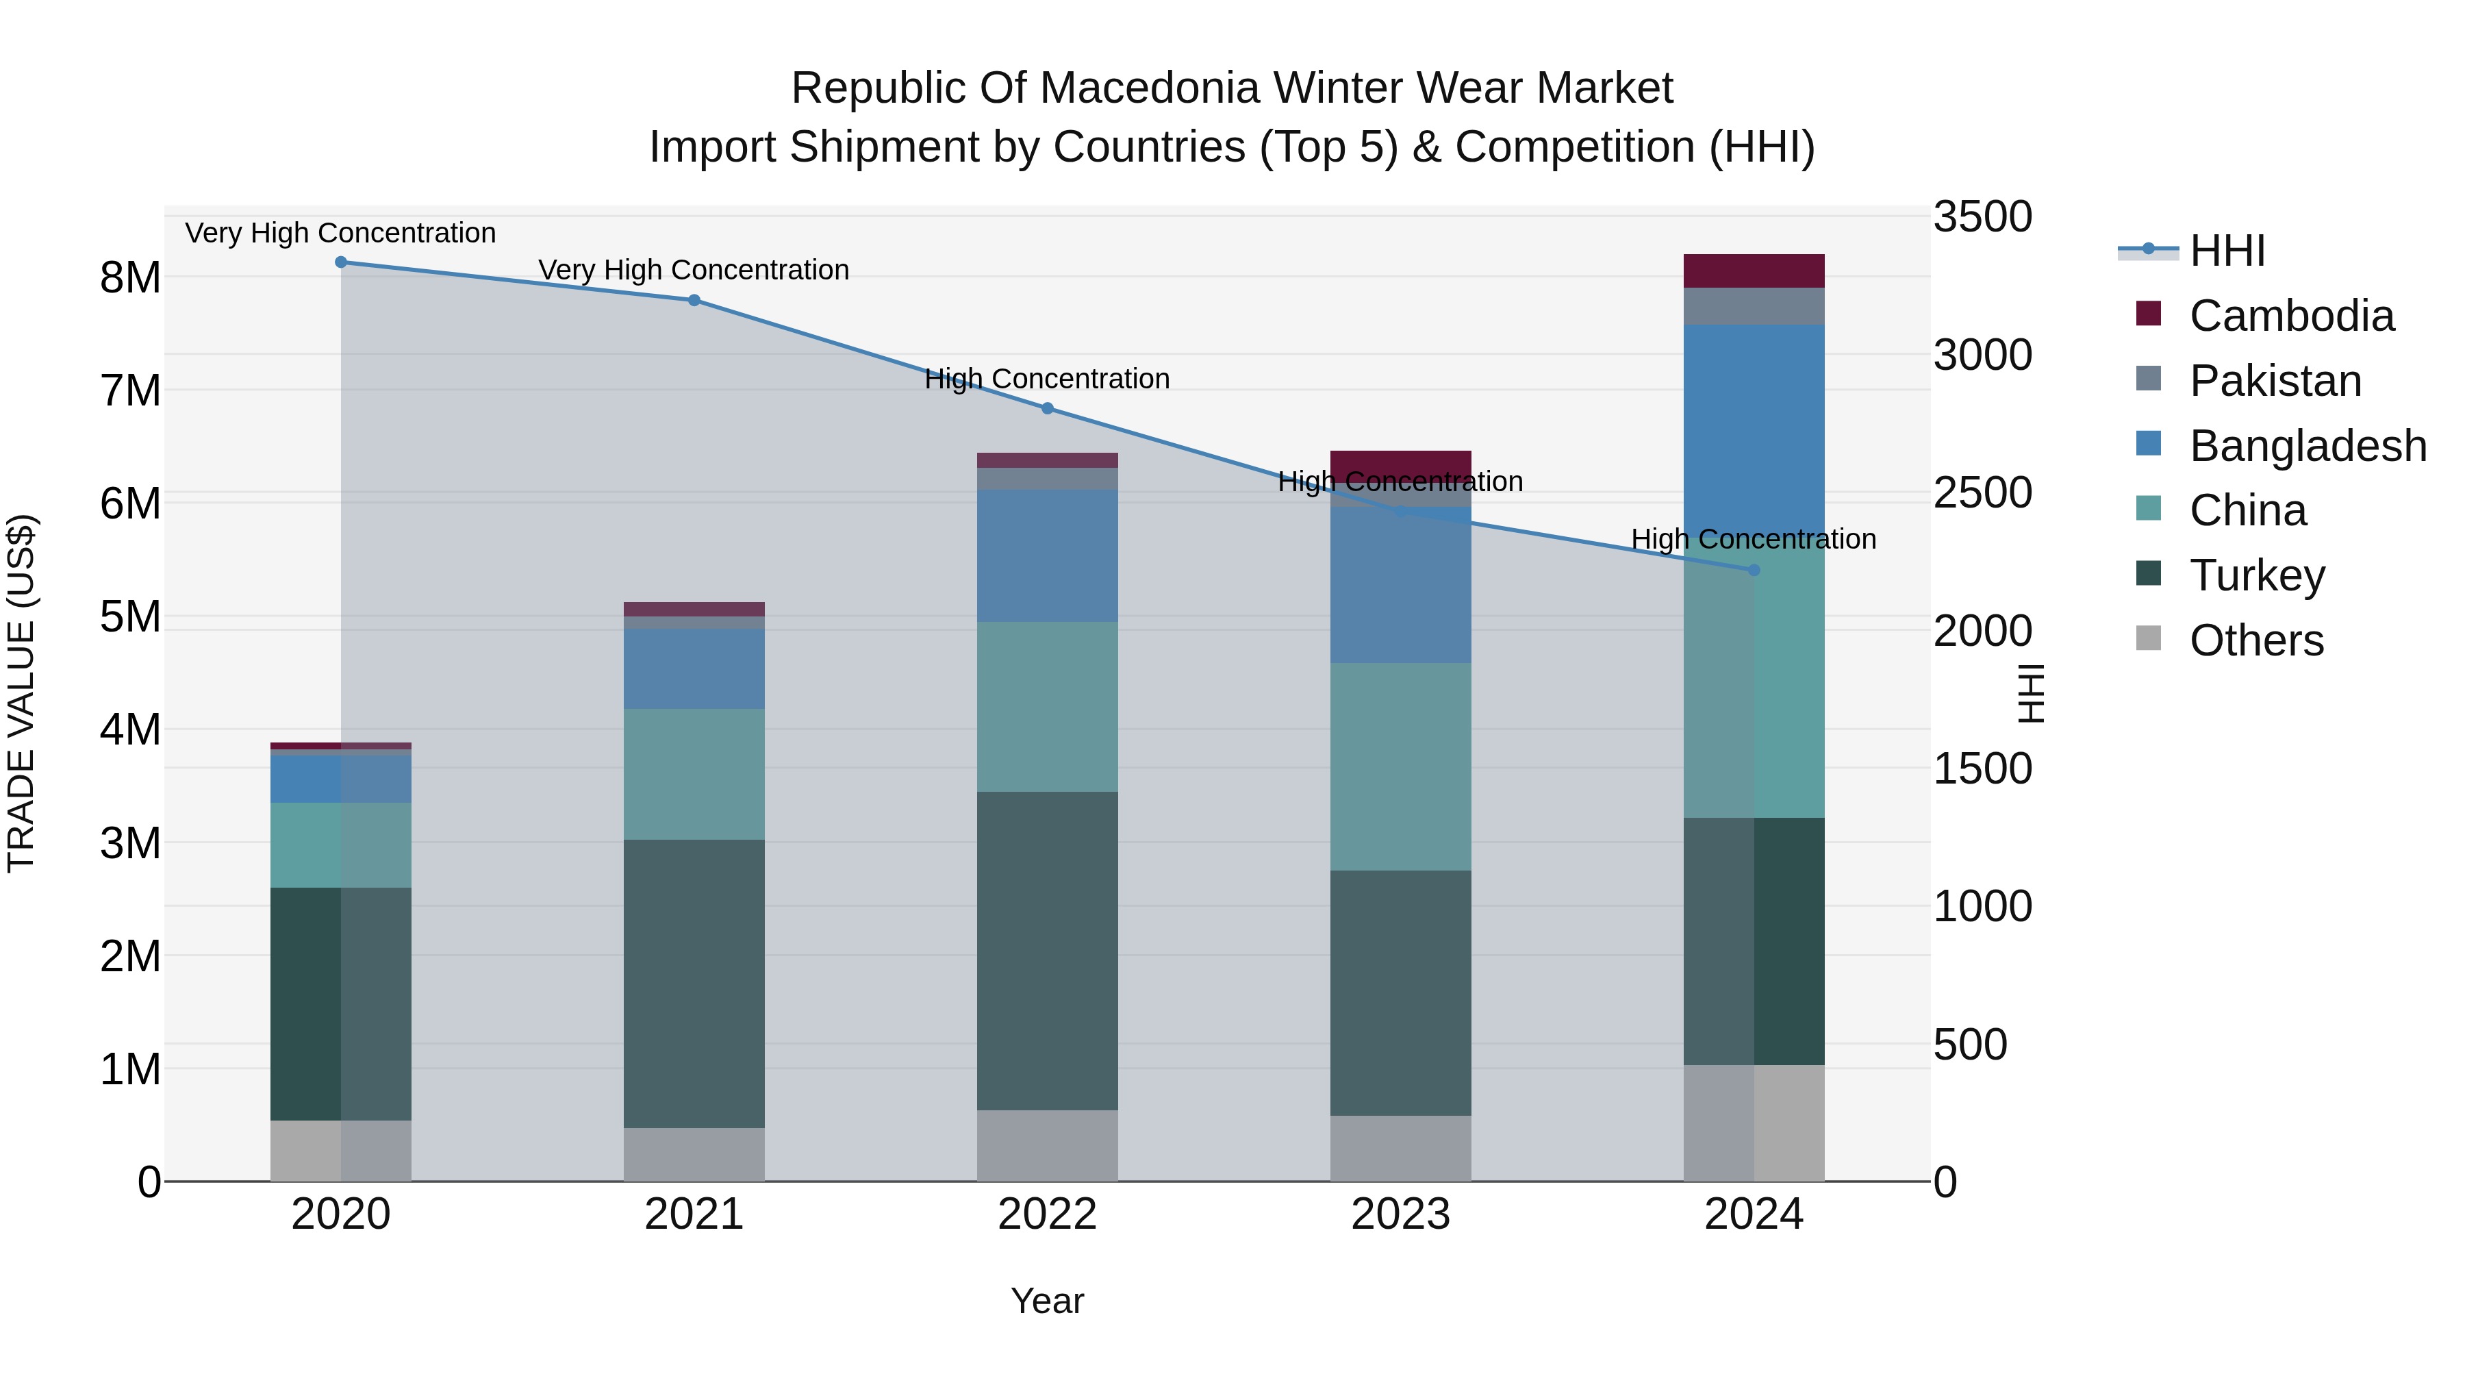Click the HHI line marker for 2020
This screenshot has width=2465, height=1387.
click(x=341, y=262)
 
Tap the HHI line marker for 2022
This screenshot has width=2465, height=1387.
click(x=1047, y=409)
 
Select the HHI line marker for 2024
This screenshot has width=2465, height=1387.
click(x=1753, y=571)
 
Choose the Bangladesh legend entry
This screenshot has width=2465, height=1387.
click(x=2306, y=446)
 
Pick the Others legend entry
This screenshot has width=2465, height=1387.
click(x=2255, y=640)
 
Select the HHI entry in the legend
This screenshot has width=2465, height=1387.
click(x=2226, y=251)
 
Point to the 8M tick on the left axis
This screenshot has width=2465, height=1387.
click(x=130, y=277)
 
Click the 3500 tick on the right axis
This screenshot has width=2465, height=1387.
click(x=1982, y=216)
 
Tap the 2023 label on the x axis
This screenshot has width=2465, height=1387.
click(x=1400, y=1214)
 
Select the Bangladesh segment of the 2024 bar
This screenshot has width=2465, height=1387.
click(x=1753, y=431)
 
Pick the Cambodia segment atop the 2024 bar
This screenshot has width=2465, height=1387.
click(x=1753, y=271)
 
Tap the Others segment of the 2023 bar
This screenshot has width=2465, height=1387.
click(x=1400, y=1148)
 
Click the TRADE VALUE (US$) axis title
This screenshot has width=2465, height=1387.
click(x=21, y=693)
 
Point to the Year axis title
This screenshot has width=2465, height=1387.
click(x=1047, y=1301)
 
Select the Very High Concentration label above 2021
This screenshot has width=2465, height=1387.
click(x=694, y=270)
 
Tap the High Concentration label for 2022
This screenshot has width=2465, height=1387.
click(x=1047, y=379)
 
